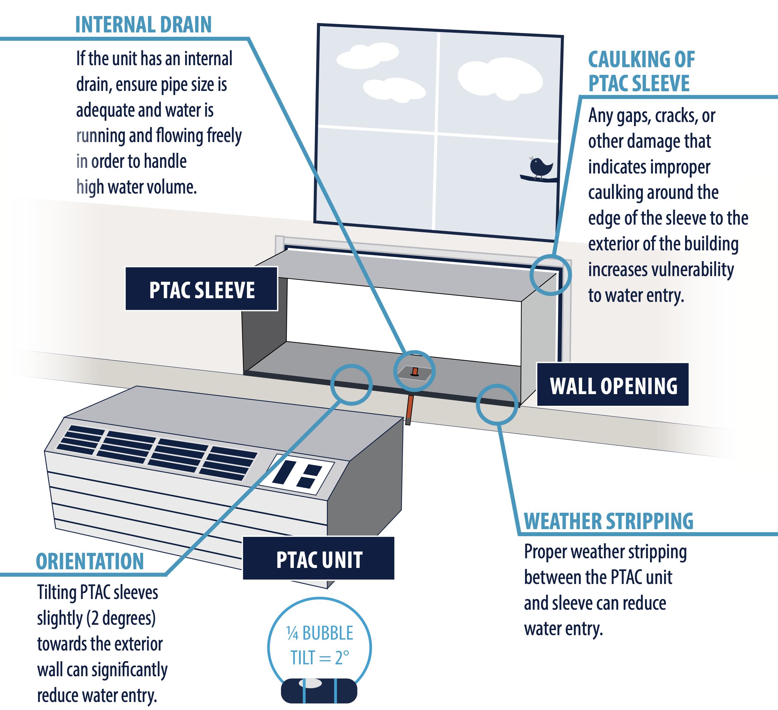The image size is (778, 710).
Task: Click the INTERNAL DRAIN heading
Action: click(x=143, y=25)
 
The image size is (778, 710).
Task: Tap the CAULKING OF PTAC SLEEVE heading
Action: click(x=641, y=72)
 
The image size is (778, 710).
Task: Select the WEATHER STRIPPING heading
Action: click(x=608, y=521)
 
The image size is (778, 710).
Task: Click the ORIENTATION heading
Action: click(x=90, y=561)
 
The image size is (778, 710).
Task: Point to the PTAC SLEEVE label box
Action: click(x=202, y=289)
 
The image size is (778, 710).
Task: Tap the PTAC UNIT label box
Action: click(x=318, y=558)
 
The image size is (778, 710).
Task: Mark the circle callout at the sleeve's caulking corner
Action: click(x=550, y=275)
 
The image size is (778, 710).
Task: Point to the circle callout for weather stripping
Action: click(x=497, y=404)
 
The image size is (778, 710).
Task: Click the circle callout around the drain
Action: click(x=414, y=371)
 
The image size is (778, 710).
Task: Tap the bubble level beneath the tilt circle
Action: click(x=319, y=691)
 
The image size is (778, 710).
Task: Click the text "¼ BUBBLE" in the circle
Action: click(x=319, y=633)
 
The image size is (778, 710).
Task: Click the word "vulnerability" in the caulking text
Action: click(x=661, y=269)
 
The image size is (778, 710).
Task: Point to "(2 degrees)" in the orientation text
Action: click(x=121, y=618)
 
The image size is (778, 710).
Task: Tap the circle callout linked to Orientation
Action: click(x=351, y=384)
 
